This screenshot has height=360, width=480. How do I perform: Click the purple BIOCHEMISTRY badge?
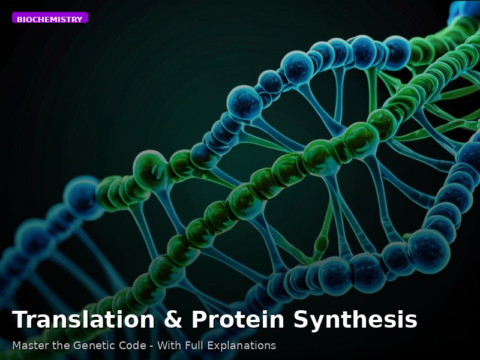(x=50, y=18)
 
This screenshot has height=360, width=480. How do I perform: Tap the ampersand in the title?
(x=172, y=320)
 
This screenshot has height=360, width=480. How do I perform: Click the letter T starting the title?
(x=20, y=320)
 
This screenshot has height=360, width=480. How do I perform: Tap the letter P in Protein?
(x=199, y=320)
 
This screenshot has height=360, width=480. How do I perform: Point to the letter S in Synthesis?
(x=301, y=320)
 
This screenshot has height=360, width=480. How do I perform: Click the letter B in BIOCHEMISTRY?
(x=19, y=20)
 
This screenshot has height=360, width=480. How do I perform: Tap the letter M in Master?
(x=16, y=346)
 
